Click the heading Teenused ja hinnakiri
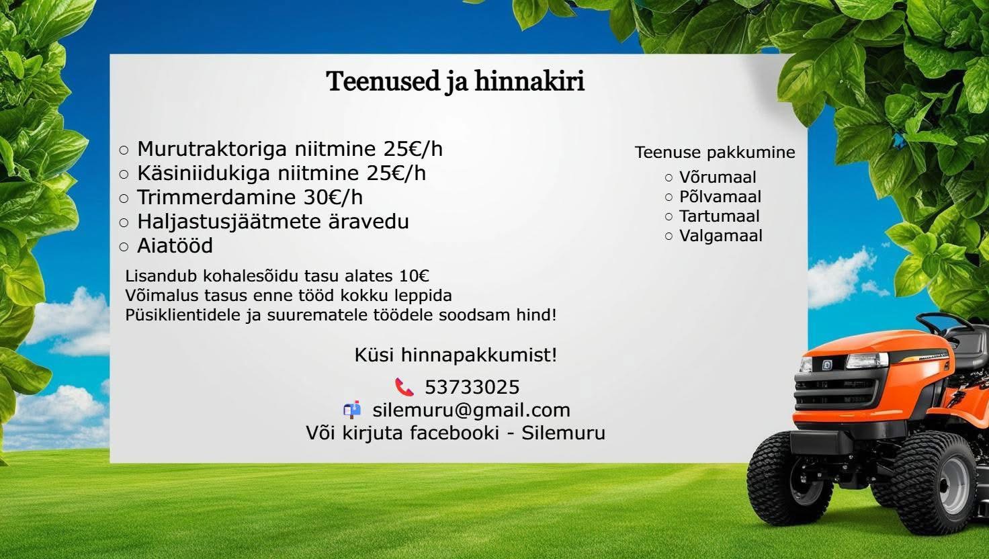pyautogui.click(x=455, y=81)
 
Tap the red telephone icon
pyautogui.click(x=404, y=387)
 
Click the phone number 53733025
pyautogui.click(x=472, y=388)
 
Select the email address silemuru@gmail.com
pyautogui.click(x=471, y=410)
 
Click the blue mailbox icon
pyautogui.click(x=351, y=409)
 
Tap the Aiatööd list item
pyautogui.click(x=175, y=246)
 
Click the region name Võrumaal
pyautogui.click(x=717, y=177)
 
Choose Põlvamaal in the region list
pyautogui.click(x=720, y=197)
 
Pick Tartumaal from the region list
pyautogui.click(x=719, y=216)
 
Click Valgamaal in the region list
pyautogui.click(x=720, y=236)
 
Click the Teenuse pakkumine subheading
pyautogui.click(x=715, y=153)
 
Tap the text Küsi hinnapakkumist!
pyautogui.click(x=456, y=355)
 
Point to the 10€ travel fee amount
pyautogui.click(x=414, y=276)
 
